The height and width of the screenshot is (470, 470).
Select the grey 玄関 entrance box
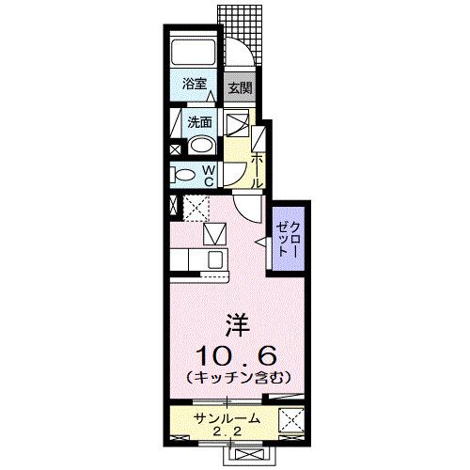[x=240, y=88]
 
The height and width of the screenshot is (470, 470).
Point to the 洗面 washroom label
[x=197, y=121]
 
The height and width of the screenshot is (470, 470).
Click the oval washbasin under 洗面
[x=199, y=144]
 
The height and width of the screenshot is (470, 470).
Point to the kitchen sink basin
[x=215, y=258]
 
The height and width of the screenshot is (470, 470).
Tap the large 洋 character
[x=236, y=326]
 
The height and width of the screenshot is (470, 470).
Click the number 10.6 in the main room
[x=235, y=355]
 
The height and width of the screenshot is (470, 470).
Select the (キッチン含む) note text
[x=235, y=378]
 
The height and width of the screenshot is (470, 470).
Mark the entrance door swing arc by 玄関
[x=241, y=56]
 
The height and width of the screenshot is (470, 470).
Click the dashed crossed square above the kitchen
[x=196, y=206]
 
